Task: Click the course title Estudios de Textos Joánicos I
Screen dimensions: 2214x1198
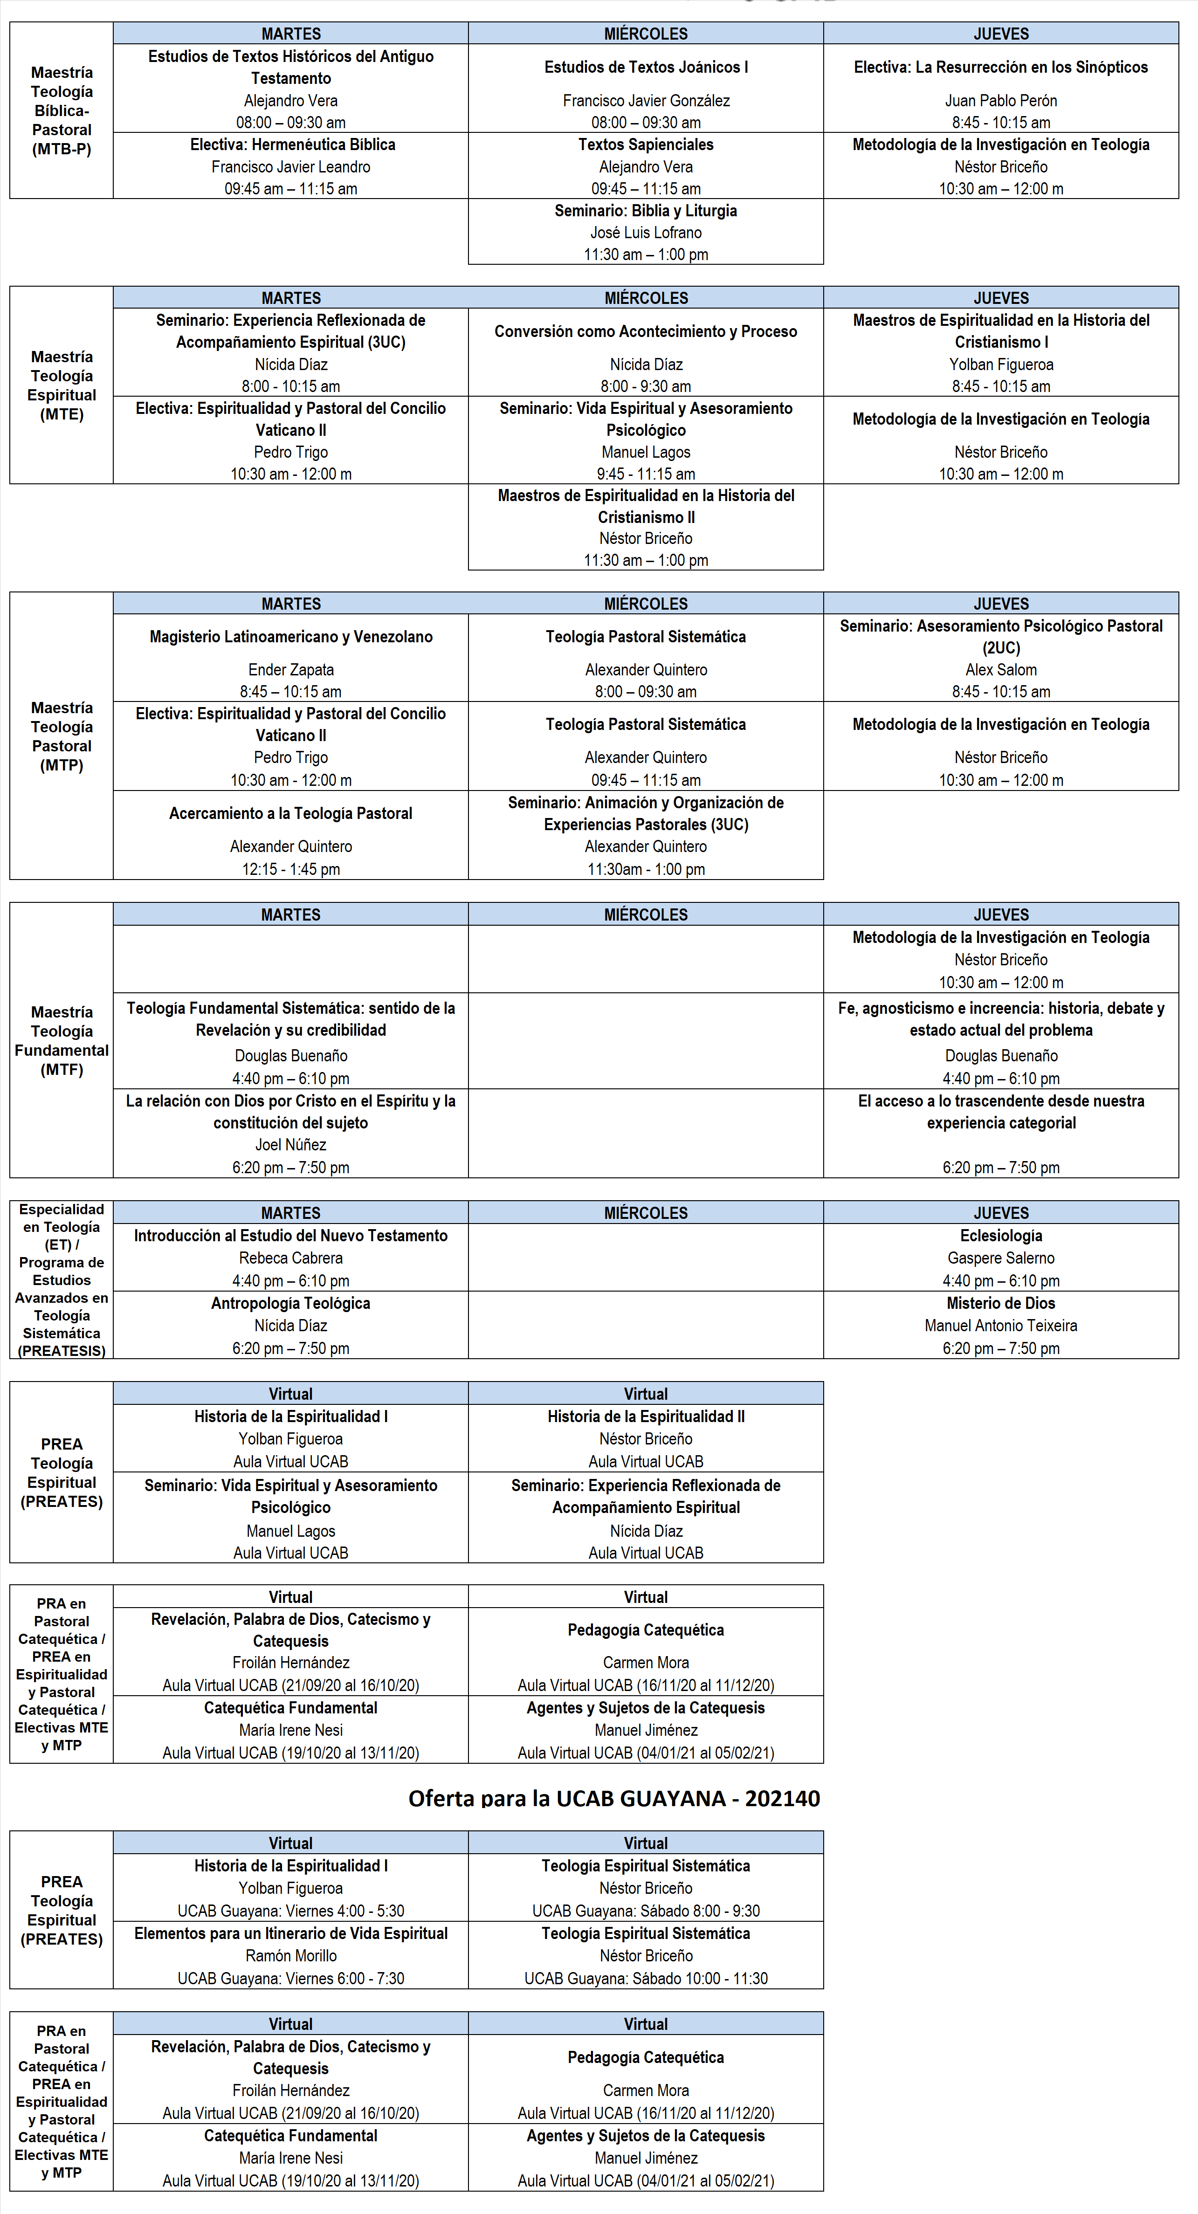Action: click(x=646, y=67)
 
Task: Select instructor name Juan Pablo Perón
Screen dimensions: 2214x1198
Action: click(x=1000, y=101)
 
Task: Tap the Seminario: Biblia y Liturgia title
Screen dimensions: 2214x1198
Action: click(x=646, y=211)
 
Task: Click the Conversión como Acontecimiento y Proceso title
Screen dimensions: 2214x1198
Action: click(x=646, y=332)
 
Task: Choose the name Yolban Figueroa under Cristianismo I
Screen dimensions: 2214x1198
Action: click(x=1000, y=364)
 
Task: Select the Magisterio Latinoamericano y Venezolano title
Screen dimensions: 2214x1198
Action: click(x=290, y=637)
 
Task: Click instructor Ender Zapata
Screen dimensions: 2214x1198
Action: click(x=290, y=669)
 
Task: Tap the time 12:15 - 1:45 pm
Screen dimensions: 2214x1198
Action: click(x=290, y=869)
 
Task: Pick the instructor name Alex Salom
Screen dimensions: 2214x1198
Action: click(x=1000, y=669)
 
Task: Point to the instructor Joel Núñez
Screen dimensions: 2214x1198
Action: click(x=290, y=1145)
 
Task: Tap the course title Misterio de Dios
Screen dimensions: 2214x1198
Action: click(x=1000, y=1303)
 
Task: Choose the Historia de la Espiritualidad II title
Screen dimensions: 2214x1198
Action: click(x=646, y=1416)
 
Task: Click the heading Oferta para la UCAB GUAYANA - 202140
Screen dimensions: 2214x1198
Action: click(x=613, y=1799)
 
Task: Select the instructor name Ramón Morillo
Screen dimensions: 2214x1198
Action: click(x=290, y=1955)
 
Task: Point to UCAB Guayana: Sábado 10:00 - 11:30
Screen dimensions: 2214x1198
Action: click(x=646, y=1978)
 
